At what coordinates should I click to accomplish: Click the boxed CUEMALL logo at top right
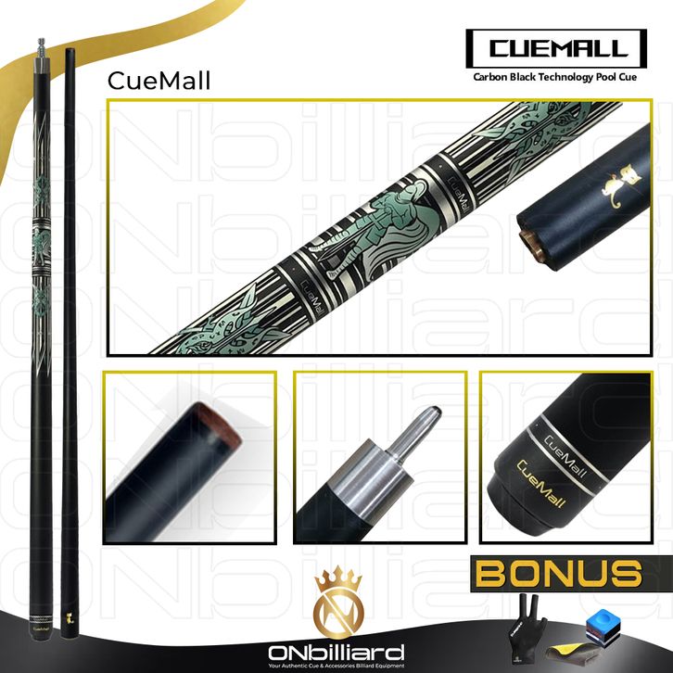[559, 47]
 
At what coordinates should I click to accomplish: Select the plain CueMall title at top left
[159, 81]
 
